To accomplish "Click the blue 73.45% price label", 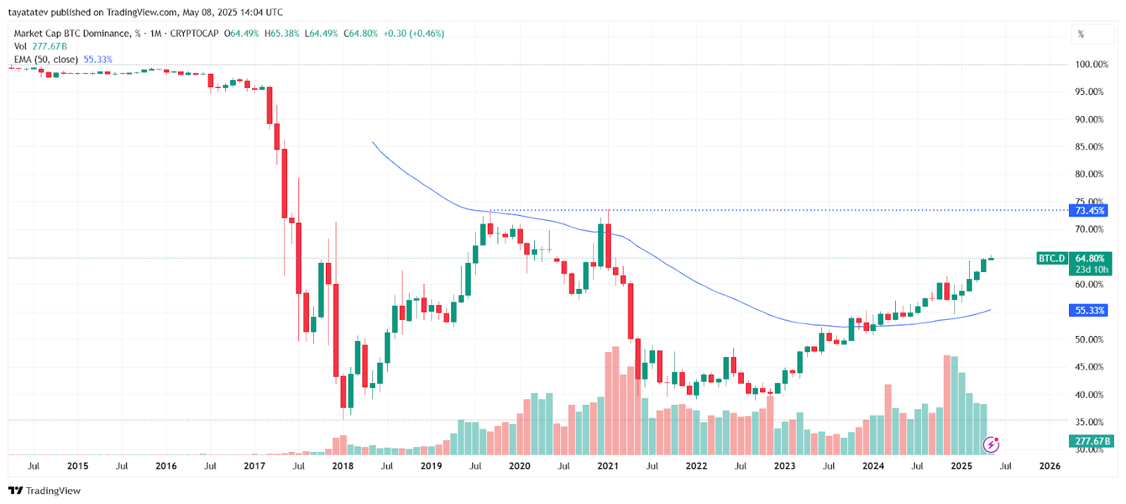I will click(1089, 211).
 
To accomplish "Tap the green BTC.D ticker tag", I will click(1052, 259).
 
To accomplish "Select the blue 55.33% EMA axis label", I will click(1089, 311).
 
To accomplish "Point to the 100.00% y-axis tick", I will click(1092, 65).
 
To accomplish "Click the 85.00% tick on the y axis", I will click(1089, 147).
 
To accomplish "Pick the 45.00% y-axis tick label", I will click(1089, 367).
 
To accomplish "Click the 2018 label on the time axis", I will click(343, 466).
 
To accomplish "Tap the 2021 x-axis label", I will click(608, 466).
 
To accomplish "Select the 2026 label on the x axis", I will click(1049, 466).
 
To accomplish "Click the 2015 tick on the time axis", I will click(77, 466).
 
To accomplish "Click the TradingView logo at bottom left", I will click(44, 491).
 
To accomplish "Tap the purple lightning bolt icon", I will click(991, 444).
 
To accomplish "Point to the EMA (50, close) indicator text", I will click(46, 60).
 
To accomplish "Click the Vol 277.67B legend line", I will click(40, 46).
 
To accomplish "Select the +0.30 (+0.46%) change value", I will click(414, 34).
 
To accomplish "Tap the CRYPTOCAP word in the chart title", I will click(194, 34).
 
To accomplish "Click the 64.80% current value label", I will click(1090, 259).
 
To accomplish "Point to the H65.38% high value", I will click(282, 34).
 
